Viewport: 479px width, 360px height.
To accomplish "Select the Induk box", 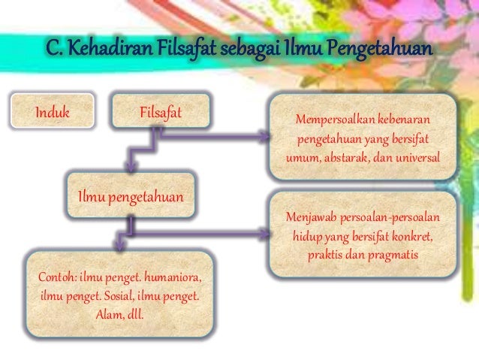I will tap(52, 113).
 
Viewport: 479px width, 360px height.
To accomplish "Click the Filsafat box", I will tap(161, 113).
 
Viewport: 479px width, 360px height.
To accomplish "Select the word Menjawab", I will tap(311, 218).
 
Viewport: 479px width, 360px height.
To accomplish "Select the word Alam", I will tap(107, 313).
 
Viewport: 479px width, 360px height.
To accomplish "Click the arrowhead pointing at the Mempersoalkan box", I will tap(264, 137).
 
